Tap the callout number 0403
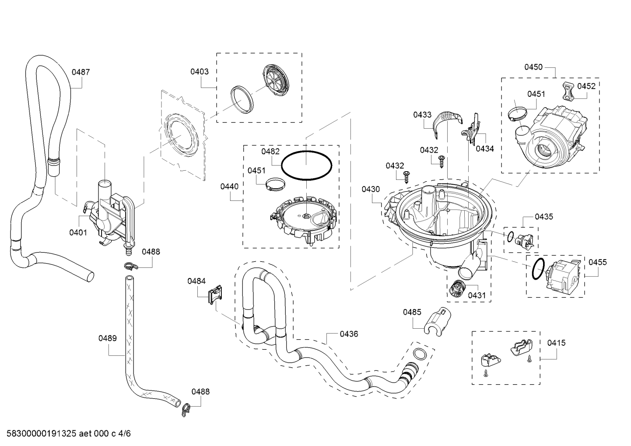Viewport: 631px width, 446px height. (x=199, y=71)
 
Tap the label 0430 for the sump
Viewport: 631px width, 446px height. (x=371, y=189)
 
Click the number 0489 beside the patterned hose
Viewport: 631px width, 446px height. (x=107, y=338)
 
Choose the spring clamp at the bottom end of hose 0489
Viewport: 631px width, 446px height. (x=186, y=408)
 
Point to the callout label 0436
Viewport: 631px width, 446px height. (x=348, y=334)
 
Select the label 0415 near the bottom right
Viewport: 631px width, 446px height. (x=556, y=343)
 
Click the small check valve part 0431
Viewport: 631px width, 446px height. (x=456, y=288)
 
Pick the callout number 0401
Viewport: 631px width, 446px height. (x=78, y=232)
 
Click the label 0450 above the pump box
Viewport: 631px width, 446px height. (x=533, y=67)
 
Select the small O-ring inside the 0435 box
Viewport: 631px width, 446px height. (x=510, y=237)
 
